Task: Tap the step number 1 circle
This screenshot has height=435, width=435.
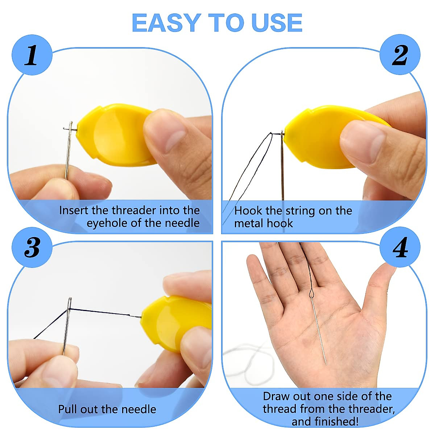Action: point(32,55)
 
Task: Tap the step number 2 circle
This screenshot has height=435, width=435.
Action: point(400,55)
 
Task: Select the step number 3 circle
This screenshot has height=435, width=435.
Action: point(32,248)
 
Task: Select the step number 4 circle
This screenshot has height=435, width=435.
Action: point(400,248)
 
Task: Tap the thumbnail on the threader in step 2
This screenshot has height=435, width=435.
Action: point(362,141)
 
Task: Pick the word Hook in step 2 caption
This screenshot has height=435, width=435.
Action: point(248,211)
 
